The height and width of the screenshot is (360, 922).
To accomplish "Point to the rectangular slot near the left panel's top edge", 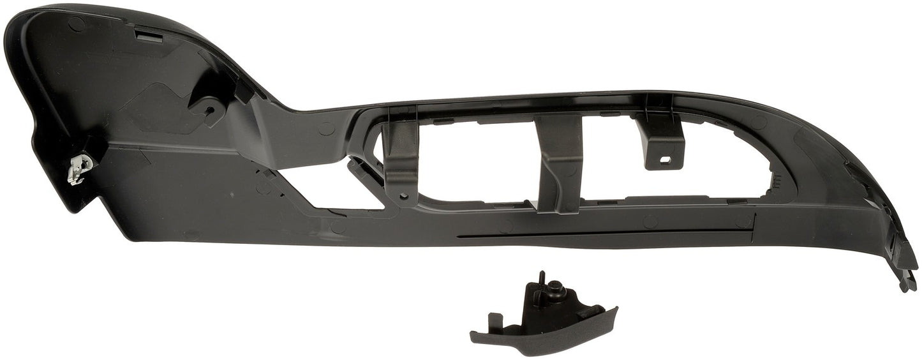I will click(x=148, y=38).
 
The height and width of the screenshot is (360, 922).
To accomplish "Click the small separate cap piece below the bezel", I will click(x=546, y=319).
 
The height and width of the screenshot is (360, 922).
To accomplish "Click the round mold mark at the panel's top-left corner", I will click(x=76, y=24).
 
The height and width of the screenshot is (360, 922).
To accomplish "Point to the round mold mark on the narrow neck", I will click(x=326, y=128).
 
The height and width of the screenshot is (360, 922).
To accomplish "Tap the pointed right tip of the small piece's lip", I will click(x=615, y=310).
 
